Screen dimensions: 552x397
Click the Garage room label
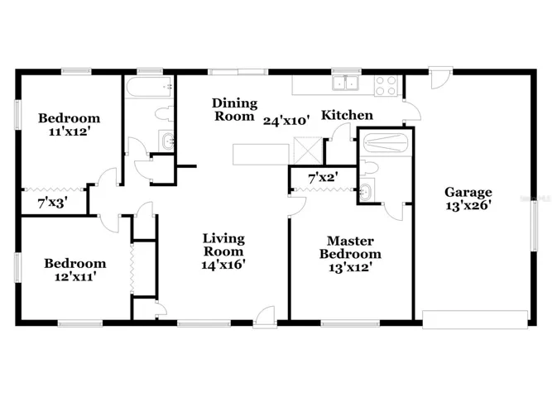(x=468, y=193)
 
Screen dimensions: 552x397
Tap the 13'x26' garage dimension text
(x=468, y=205)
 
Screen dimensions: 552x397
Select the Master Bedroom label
(x=350, y=247)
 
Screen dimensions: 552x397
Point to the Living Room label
(x=223, y=245)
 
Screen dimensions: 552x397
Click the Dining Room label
(x=234, y=109)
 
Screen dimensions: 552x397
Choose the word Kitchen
(x=347, y=115)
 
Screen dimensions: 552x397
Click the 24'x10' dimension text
(x=286, y=121)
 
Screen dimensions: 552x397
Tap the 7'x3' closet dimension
(x=52, y=203)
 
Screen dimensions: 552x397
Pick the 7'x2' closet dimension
(x=324, y=178)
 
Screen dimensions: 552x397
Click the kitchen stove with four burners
(x=386, y=85)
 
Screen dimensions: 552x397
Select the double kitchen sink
(x=346, y=84)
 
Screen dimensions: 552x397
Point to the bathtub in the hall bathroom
(x=149, y=87)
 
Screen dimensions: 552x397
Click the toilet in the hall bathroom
(x=164, y=113)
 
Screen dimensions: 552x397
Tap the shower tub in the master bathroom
(x=386, y=143)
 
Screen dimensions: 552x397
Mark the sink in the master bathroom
(x=367, y=191)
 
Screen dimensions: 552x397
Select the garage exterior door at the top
(x=441, y=78)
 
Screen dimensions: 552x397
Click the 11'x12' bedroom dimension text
(x=69, y=132)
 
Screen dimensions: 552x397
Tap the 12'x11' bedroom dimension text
(x=75, y=276)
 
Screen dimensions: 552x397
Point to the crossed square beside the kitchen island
(x=308, y=151)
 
